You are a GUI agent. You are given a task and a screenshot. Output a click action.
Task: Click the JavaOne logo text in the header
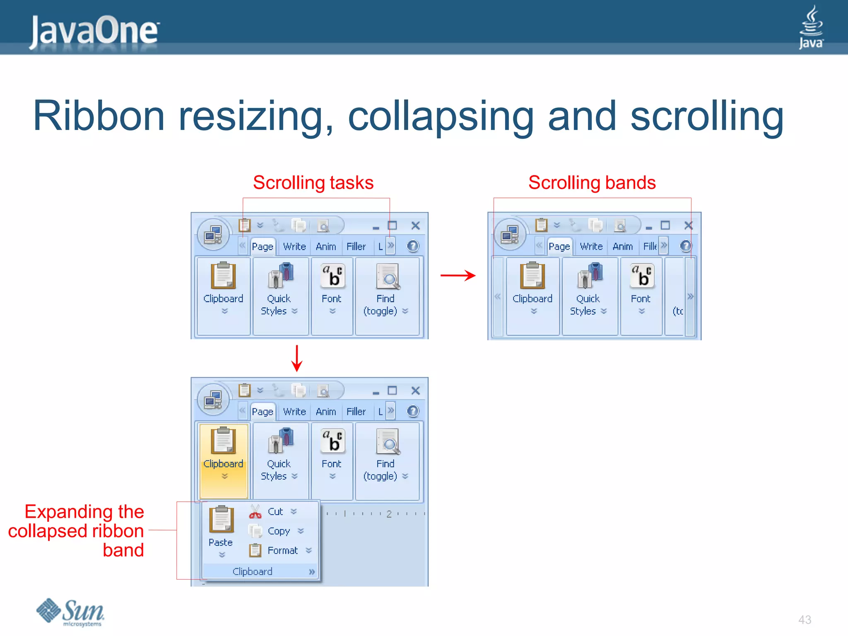[x=94, y=31]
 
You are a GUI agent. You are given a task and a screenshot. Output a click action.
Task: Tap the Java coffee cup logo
[x=811, y=26]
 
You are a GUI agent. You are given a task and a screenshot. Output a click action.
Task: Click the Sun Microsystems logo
[x=70, y=612]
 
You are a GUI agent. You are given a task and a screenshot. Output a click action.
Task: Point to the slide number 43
[x=805, y=620]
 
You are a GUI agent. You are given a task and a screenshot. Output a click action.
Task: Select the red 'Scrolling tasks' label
[x=313, y=183]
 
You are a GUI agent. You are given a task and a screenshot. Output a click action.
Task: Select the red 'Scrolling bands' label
[x=592, y=183]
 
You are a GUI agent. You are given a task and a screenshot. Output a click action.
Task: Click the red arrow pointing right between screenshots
[x=458, y=275]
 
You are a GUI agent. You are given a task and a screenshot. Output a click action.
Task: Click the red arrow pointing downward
[x=296, y=359]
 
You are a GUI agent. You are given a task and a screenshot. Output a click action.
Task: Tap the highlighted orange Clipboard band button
[x=224, y=460]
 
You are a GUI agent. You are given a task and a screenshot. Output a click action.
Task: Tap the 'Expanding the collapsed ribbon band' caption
[x=77, y=531]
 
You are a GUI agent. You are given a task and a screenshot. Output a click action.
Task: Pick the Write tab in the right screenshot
[x=591, y=246]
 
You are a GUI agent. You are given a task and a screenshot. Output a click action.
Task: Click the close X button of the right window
[x=688, y=225]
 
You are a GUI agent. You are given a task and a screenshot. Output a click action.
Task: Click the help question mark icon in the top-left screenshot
[x=413, y=246]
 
